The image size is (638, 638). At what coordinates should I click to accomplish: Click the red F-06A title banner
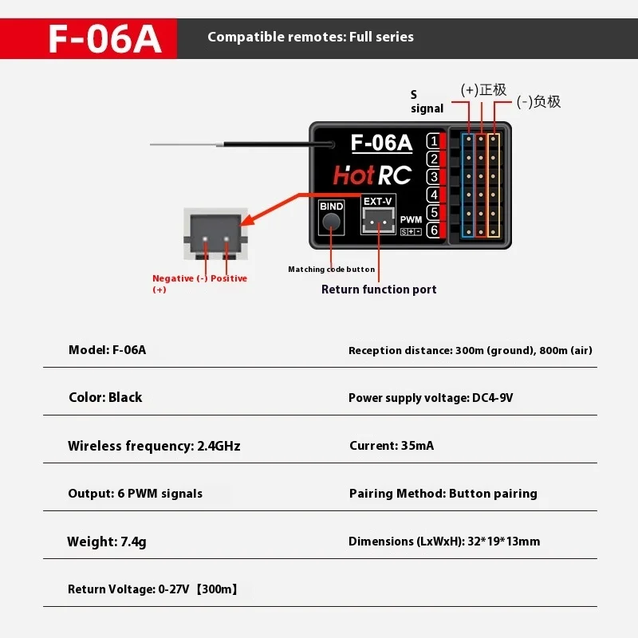click(89, 38)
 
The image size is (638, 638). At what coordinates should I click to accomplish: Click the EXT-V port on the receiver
click(377, 217)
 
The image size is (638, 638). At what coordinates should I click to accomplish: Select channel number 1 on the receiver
click(433, 141)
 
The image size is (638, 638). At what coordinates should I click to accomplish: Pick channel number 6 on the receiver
click(433, 230)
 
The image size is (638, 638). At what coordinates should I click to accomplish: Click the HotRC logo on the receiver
click(372, 175)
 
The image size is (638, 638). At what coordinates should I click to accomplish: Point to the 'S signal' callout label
click(427, 101)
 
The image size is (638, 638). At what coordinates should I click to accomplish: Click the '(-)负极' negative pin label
click(538, 101)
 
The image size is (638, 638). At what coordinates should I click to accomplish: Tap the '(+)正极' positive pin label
click(483, 89)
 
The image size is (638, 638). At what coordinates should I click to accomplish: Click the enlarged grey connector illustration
click(215, 234)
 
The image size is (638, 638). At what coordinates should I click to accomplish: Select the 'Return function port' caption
click(379, 289)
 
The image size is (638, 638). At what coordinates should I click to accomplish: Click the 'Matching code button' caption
click(331, 270)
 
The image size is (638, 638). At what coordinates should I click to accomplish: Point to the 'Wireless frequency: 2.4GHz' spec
click(154, 446)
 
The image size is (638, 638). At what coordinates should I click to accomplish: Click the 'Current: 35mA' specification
click(392, 446)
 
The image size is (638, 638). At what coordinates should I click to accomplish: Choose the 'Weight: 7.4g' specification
click(107, 542)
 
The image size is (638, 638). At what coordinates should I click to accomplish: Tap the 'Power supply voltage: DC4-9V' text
click(431, 398)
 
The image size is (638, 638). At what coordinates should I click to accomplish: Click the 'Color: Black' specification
click(105, 397)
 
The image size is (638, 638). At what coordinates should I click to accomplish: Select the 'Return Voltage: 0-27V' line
click(152, 589)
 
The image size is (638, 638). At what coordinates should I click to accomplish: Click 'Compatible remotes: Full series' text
click(310, 37)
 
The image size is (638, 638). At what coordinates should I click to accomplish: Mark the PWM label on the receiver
click(411, 219)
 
